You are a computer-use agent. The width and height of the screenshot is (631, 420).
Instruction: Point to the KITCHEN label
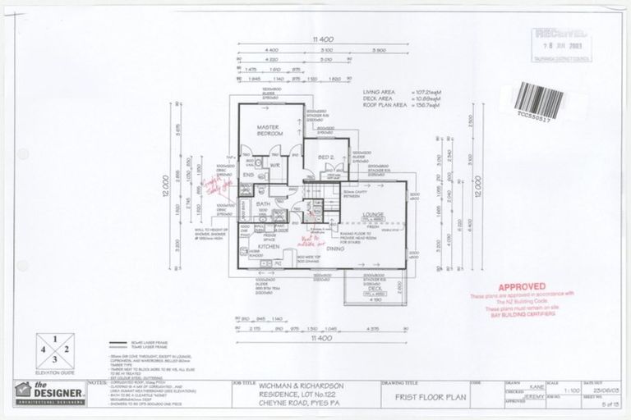[x=270, y=244]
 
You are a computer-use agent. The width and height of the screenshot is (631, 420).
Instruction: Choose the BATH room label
[x=263, y=203]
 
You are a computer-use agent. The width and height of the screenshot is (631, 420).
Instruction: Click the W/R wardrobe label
[x=277, y=165]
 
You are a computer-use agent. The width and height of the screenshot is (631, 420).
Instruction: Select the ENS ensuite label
[x=247, y=175]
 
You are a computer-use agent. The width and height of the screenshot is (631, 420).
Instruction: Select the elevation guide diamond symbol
[x=55, y=345]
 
